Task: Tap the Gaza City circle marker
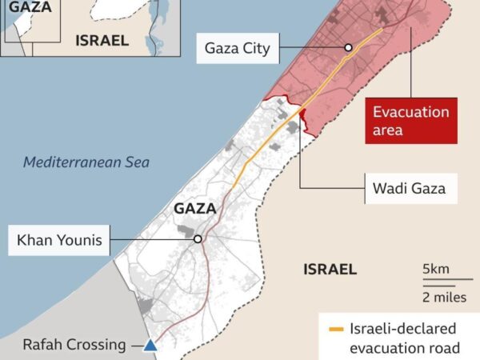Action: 348,48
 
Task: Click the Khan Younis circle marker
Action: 198,238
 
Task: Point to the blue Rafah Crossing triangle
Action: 150,346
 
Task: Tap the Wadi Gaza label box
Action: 404,190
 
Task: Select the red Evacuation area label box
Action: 411,121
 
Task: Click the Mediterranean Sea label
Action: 86,162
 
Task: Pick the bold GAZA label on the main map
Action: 195,209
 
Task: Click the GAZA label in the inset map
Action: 30,7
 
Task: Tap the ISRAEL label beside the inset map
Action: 102,40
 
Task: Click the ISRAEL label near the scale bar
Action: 330,270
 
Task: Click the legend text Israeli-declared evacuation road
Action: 405,338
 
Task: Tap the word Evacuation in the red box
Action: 411,112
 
